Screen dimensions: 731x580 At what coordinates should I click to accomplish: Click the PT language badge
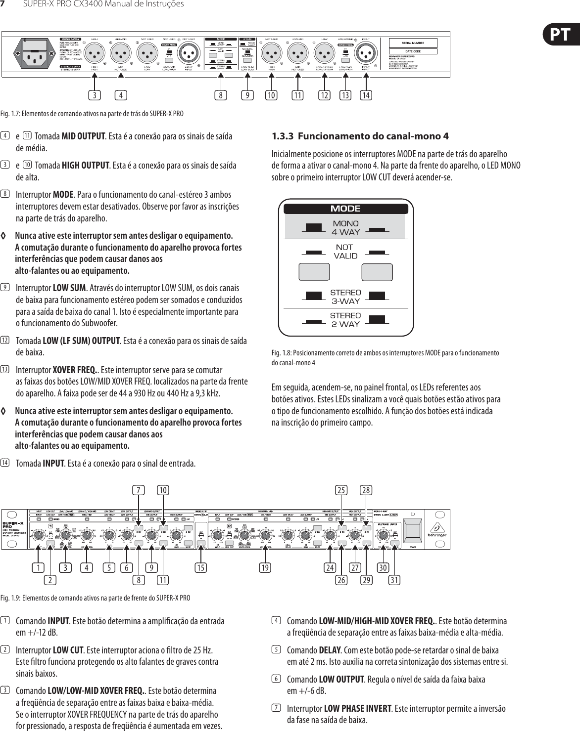(x=562, y=35)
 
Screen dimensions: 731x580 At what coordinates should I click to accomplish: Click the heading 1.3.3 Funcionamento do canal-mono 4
(x=361, y=136)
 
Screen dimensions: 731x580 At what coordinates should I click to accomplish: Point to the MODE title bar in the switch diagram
(x=345, y=209)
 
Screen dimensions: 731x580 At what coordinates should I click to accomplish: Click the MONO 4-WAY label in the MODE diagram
(x=345, y=228)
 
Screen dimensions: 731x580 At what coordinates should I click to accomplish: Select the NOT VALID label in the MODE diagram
(x=345, y=251)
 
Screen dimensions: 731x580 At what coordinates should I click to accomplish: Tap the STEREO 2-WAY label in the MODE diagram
(x=345, y=320)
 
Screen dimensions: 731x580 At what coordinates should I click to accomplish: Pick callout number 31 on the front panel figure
(x=394, y=578)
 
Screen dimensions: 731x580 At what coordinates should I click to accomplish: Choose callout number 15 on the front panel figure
(x=201, y=567)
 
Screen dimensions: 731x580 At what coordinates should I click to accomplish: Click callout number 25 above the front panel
(x=341, y=490)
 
